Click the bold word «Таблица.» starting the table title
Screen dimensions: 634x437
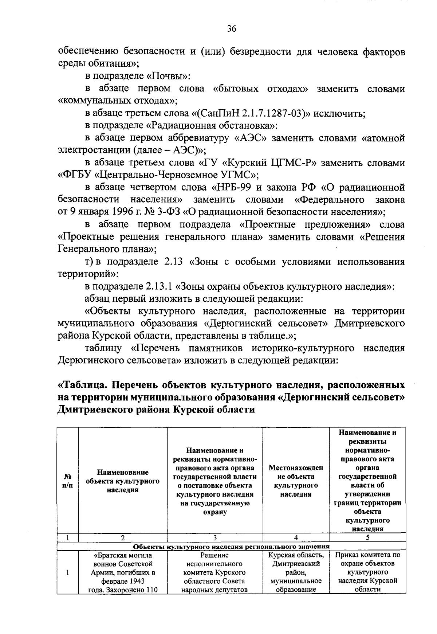point(82,385)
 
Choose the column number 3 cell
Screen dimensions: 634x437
point(215,537)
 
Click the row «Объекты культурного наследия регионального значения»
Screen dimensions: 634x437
point(231,547)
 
